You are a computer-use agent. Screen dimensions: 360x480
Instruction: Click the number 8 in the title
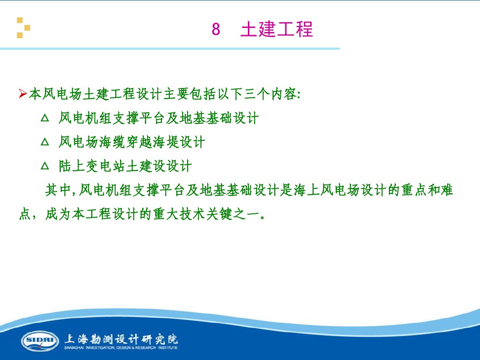coord(216,30)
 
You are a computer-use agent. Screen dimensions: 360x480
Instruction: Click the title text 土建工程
coord(276,29)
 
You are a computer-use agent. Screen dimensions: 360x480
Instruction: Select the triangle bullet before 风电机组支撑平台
coord(44,118)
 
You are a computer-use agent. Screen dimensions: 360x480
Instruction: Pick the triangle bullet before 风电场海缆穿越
coord(44,142)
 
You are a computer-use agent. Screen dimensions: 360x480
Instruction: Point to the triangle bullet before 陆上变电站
coord(44,166)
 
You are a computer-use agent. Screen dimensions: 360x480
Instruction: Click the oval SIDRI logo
coord(40,341)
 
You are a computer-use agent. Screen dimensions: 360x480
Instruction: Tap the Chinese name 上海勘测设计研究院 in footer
coord(121,339)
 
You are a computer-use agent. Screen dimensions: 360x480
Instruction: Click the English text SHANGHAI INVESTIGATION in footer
coord(93,348)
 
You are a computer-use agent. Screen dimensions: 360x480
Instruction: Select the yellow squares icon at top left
coord(24,28)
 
